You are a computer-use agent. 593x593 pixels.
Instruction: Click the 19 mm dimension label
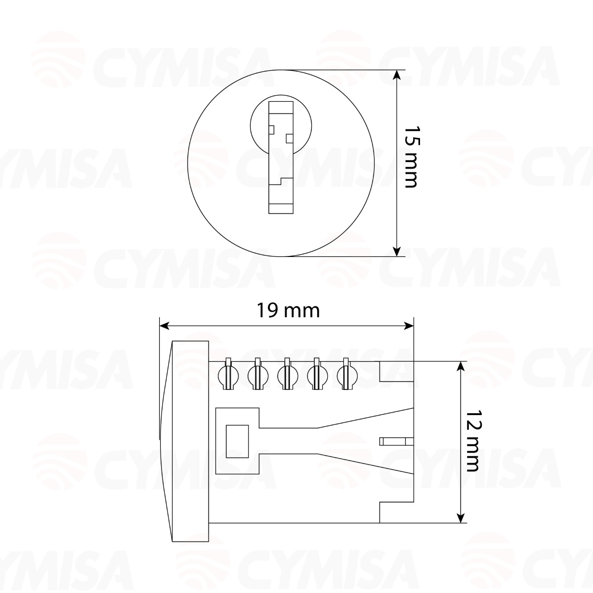[288, 311]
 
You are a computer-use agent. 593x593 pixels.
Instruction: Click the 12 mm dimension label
[473, 440]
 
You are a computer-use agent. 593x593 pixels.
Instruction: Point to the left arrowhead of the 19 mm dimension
[164, 326]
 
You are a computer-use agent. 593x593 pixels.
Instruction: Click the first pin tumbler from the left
[228, 375]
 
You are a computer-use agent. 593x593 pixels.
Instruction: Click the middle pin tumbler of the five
[287, 375]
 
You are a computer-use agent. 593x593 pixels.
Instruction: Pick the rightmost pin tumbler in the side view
[346, 375]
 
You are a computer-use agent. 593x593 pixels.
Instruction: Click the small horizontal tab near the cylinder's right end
[395, 441]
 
